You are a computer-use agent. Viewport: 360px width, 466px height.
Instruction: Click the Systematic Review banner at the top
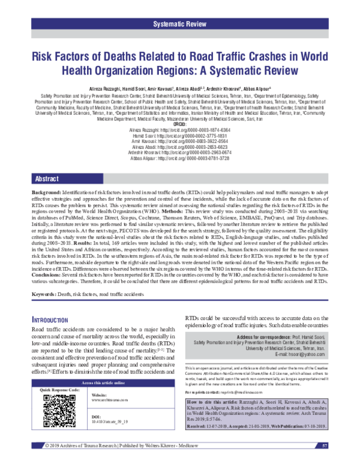(180, 24)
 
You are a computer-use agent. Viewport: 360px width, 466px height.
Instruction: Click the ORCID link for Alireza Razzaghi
(180, 130)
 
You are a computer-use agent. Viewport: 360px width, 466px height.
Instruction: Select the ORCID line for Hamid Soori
(180, 136)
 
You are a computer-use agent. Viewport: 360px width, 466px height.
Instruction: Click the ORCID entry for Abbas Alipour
(180, 158)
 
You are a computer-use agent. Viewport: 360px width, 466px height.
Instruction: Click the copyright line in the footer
(116, 461)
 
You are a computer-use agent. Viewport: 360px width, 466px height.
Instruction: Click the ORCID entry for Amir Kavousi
(180, 141)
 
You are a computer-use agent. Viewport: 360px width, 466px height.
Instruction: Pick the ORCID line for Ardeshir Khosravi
(180, 153)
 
